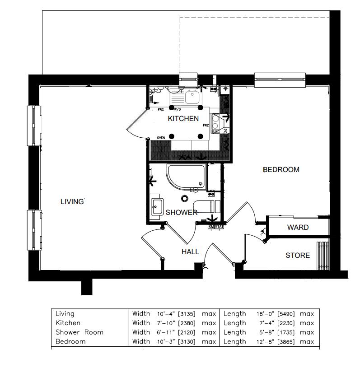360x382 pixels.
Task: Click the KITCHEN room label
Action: coord(183,119)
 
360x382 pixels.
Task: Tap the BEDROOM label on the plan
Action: coord(281,170)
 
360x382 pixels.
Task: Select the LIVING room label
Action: coord(72,202)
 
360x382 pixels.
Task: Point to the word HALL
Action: coord(190,252)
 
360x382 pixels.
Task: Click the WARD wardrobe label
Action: coord(298,228)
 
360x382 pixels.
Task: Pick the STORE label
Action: coord(298,256)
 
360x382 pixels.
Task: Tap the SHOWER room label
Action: coord(181,212)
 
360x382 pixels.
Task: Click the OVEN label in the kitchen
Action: coord(161,138)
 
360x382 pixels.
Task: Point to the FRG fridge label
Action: coord(161,110)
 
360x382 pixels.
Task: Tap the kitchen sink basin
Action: coord(192,97)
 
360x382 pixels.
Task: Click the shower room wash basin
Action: coord(157,208)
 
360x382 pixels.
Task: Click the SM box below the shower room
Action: coord(211,227)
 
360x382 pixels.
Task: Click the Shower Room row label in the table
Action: coord(79,332)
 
